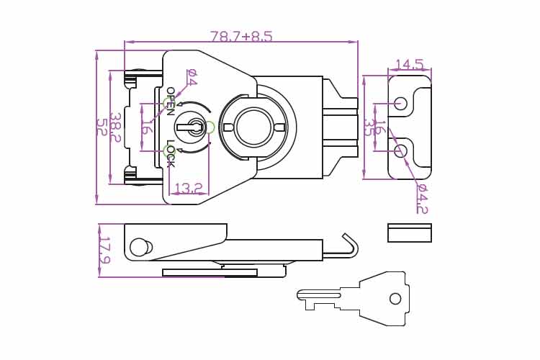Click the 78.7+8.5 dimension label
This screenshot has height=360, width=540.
241,36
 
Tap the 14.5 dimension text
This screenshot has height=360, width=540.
409,64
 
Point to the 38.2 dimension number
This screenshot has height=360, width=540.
116,127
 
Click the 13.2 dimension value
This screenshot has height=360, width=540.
188,188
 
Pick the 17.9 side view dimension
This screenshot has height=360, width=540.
104,250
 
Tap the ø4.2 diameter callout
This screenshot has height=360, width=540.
422,199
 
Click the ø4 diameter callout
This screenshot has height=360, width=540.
192,77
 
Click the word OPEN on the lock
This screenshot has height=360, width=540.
171,101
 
